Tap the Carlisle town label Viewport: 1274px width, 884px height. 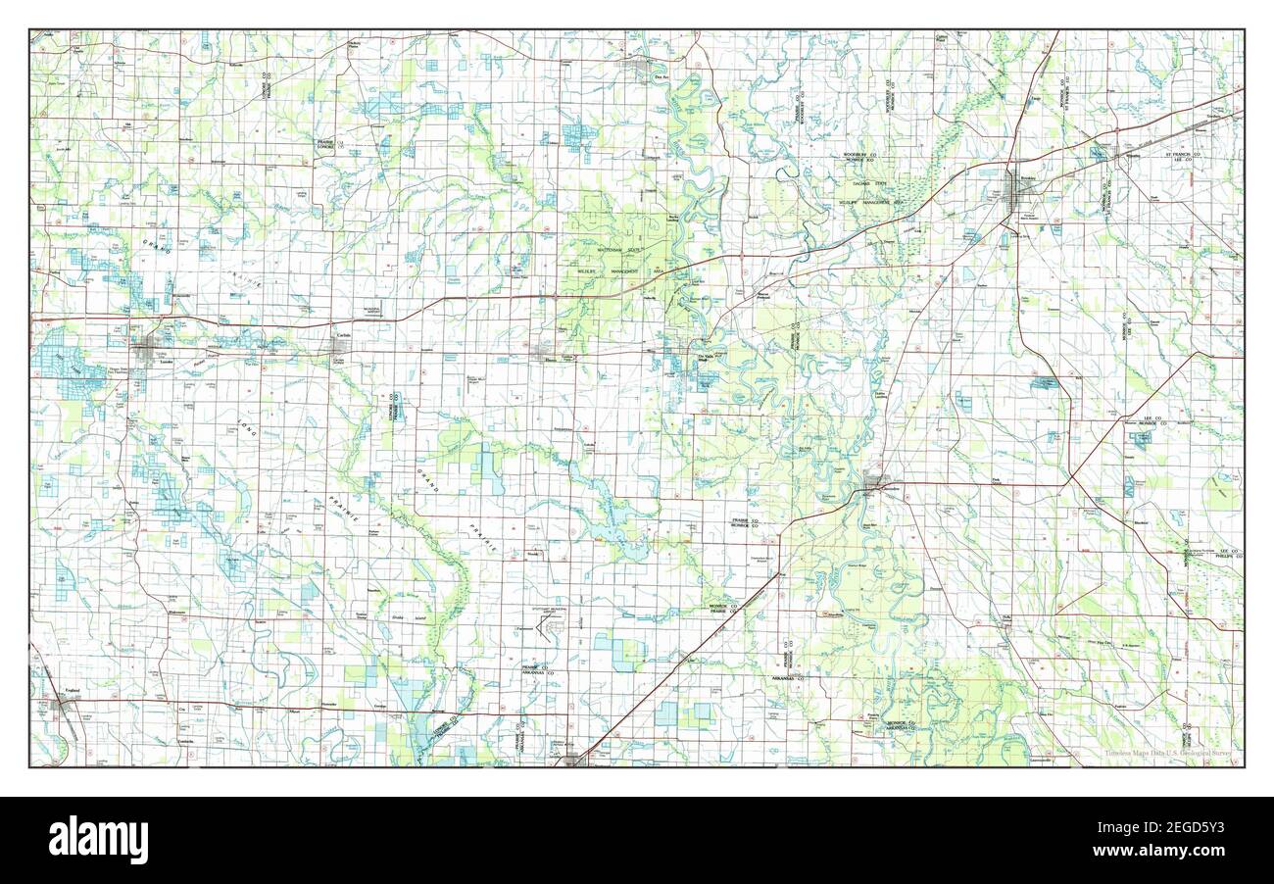coord(342,336)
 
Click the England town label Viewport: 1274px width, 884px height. coord(71,692)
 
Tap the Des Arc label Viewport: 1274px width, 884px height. coord(659,75)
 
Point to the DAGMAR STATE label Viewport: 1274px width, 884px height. coord(866,183)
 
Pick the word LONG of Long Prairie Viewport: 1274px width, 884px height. coord(244,431)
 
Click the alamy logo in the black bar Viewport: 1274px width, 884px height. coord(98,840)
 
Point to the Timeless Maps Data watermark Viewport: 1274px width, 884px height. coord(1166,754)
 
